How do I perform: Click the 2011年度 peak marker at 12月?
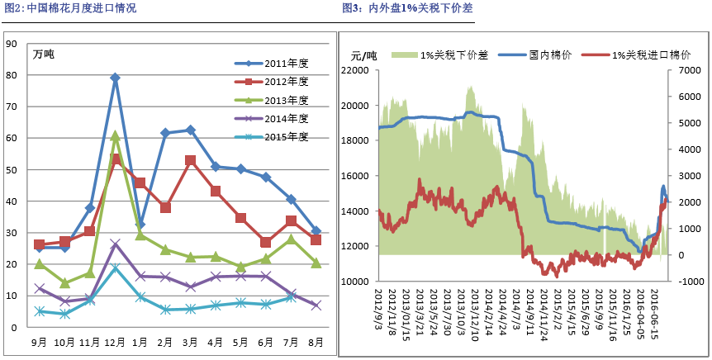coord(115,78)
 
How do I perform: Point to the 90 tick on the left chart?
coord(12,44)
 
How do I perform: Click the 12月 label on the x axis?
coord(115,341)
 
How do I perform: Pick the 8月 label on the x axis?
coord(315,341)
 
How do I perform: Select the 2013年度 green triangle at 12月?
coord(115,136)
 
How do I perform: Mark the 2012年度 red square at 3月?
coord(190,160)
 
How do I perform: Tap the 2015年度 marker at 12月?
coord(115,268)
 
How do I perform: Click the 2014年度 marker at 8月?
coord(316,306)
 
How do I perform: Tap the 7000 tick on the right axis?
coord(689,71)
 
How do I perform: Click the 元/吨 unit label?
coord(364,55)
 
